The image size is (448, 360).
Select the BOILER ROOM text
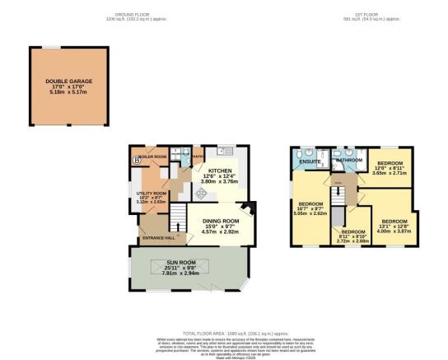pyautogui.click(x=154, y=156)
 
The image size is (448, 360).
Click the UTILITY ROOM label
pyautogui.click(x=152, y=193)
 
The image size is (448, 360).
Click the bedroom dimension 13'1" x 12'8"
pyautogui.click(x=394, y=226)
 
